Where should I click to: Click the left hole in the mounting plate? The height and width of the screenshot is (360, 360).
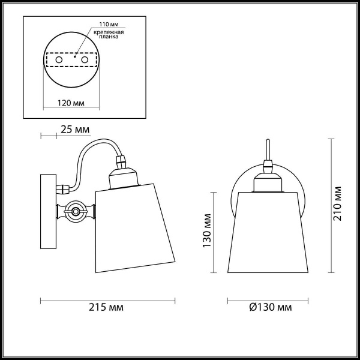pos(58,61)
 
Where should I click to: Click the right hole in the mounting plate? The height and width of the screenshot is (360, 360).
pos(85,61)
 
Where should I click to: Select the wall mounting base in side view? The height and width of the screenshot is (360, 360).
pos(47,211)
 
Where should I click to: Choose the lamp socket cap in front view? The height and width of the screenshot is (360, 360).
pos(268,181)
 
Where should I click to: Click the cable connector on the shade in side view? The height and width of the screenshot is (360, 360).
pos(121,161)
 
